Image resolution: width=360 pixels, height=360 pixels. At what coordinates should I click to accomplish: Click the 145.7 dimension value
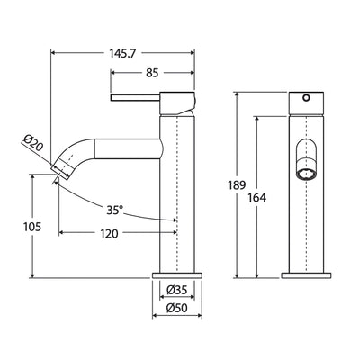coord(122,43)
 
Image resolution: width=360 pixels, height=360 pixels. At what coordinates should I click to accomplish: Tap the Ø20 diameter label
coord(29,141)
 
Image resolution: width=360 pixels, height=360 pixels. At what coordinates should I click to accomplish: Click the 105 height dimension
coord(18,228)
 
